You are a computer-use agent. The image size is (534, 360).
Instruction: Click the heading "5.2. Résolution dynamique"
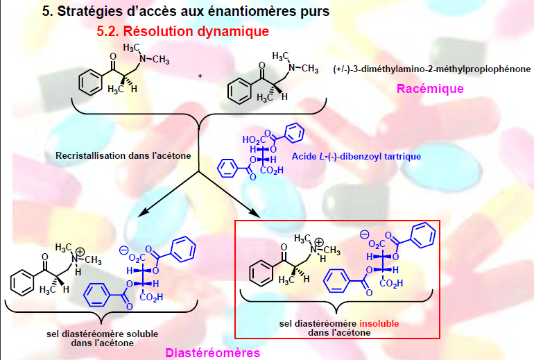pos(182,32)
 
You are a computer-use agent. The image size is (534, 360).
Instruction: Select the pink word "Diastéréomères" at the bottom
pos(212,353)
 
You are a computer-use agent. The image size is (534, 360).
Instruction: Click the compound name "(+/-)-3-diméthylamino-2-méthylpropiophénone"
pos(431,69)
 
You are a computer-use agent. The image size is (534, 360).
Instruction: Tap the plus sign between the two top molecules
pos(200,76)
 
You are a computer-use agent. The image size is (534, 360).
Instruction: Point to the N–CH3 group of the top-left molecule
pos(155,60)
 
